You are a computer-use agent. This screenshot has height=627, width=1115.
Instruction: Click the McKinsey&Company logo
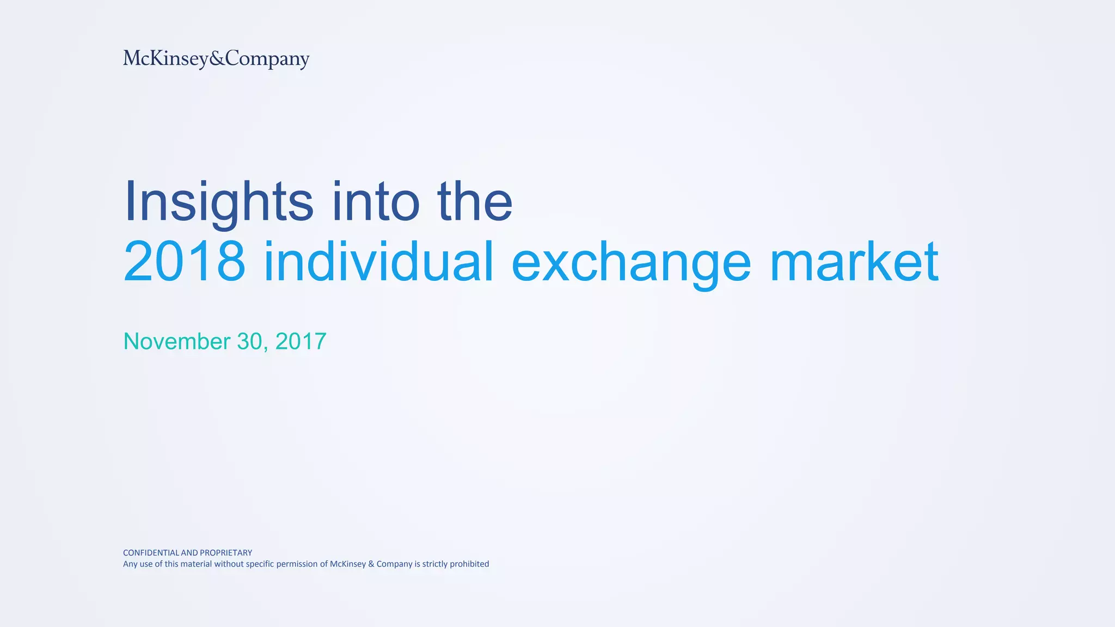tap(216, 58)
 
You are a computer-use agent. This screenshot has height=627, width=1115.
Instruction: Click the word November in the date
tap(177, 341)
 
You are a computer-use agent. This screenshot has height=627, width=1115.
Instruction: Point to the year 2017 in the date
tap(301, 341)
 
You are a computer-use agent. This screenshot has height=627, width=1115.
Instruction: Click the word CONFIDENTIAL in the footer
tap(151, 552)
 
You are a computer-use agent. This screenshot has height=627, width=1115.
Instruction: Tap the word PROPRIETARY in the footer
tap(226, 552)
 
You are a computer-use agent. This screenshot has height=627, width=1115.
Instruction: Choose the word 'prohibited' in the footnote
tap(469, 564)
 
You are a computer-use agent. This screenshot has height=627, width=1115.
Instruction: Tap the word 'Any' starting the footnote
tap(130, 564)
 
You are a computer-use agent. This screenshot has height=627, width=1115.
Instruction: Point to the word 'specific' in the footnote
tap(260, 564)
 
